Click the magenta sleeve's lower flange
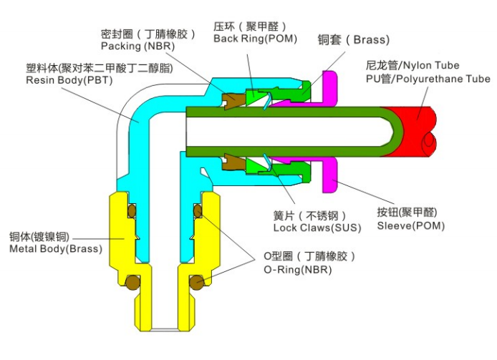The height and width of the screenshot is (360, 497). pyautogui.click(x=332, y=176)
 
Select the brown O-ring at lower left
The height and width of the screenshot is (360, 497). pyautogui.click(x=132, y=283)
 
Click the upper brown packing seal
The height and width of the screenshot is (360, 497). pyautogui.click(x=233, y=100)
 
